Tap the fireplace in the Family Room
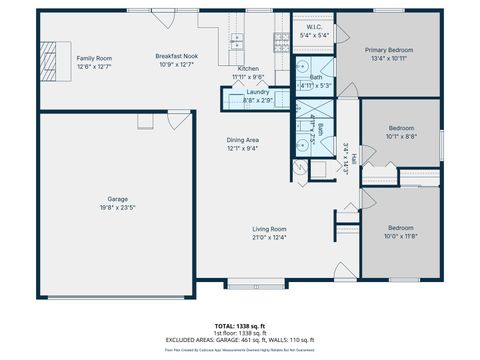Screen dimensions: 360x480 [x=51, y=53]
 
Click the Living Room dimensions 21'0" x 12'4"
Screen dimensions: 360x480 [x=269, y=238]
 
